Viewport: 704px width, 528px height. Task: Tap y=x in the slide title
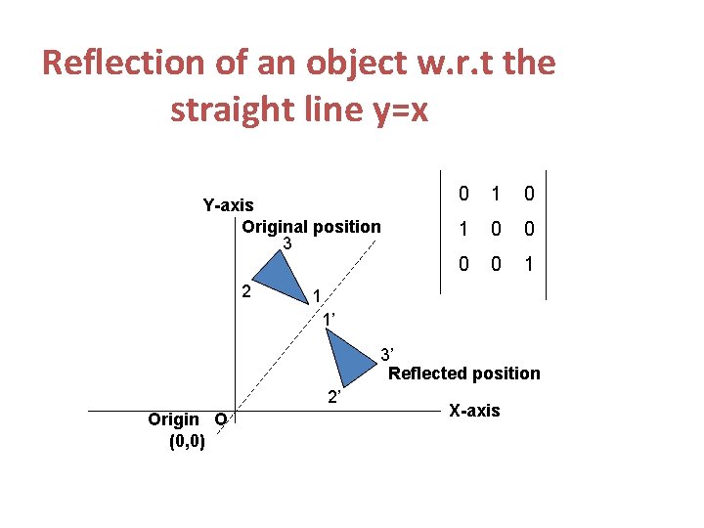point(391,110)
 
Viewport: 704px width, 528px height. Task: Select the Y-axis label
point(228,205)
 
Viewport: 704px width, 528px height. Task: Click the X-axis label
point(474,411)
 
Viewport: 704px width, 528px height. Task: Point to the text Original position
point(312,227)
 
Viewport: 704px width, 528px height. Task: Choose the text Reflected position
point(464,374)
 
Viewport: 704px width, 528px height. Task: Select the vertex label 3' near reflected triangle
point(387,353)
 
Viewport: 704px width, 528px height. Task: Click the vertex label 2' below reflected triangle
point(333,397)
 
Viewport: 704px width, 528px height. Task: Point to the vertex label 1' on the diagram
point(329,319)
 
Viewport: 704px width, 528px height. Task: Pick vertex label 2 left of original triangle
point(247,290)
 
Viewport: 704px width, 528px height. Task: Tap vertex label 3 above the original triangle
point(286,243)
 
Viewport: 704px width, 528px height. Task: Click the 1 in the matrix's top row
point(496,195)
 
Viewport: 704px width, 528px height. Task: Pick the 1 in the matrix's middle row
point(464,230)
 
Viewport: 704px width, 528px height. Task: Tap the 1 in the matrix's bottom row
point(528,265)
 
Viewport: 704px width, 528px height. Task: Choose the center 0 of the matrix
point(496,230)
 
